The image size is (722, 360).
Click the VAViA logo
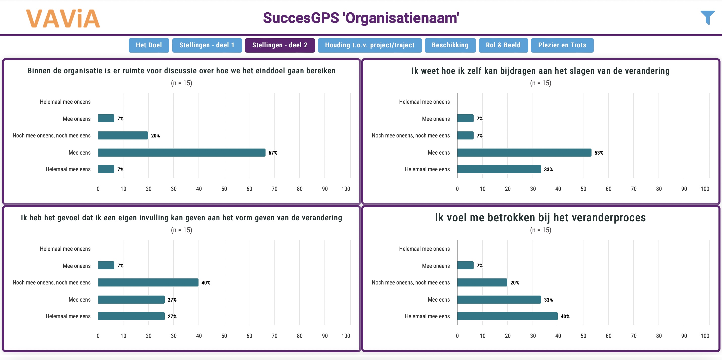click(63, 18)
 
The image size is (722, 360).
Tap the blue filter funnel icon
click(707, 18)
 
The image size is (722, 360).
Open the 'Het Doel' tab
click(149, 45)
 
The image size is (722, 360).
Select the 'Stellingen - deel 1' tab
click(207, 45)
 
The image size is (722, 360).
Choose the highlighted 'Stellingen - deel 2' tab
click(280, 45)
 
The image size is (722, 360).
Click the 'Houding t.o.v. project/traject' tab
click(369, 45)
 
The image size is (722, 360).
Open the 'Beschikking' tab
click(450, 45)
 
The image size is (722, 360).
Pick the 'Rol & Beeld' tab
click(503, 45)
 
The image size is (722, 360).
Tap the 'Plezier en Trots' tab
click(562, 45)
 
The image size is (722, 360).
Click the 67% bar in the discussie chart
click(182, 153)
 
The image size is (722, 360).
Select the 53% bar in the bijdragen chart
click(524, 153)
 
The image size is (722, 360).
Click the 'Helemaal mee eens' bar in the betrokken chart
click(507, 316)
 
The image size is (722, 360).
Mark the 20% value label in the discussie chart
click(155, 136)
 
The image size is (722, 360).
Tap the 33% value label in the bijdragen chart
click(548, 169)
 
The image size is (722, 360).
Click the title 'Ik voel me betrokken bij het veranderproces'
click(540, 218)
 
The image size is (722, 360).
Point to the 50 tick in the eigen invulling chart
click(224, 336)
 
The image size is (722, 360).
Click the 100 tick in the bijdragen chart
click(705, 189)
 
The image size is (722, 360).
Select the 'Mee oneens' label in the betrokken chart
click(436, 266)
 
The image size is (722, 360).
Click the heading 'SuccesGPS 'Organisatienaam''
click(361, 18)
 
